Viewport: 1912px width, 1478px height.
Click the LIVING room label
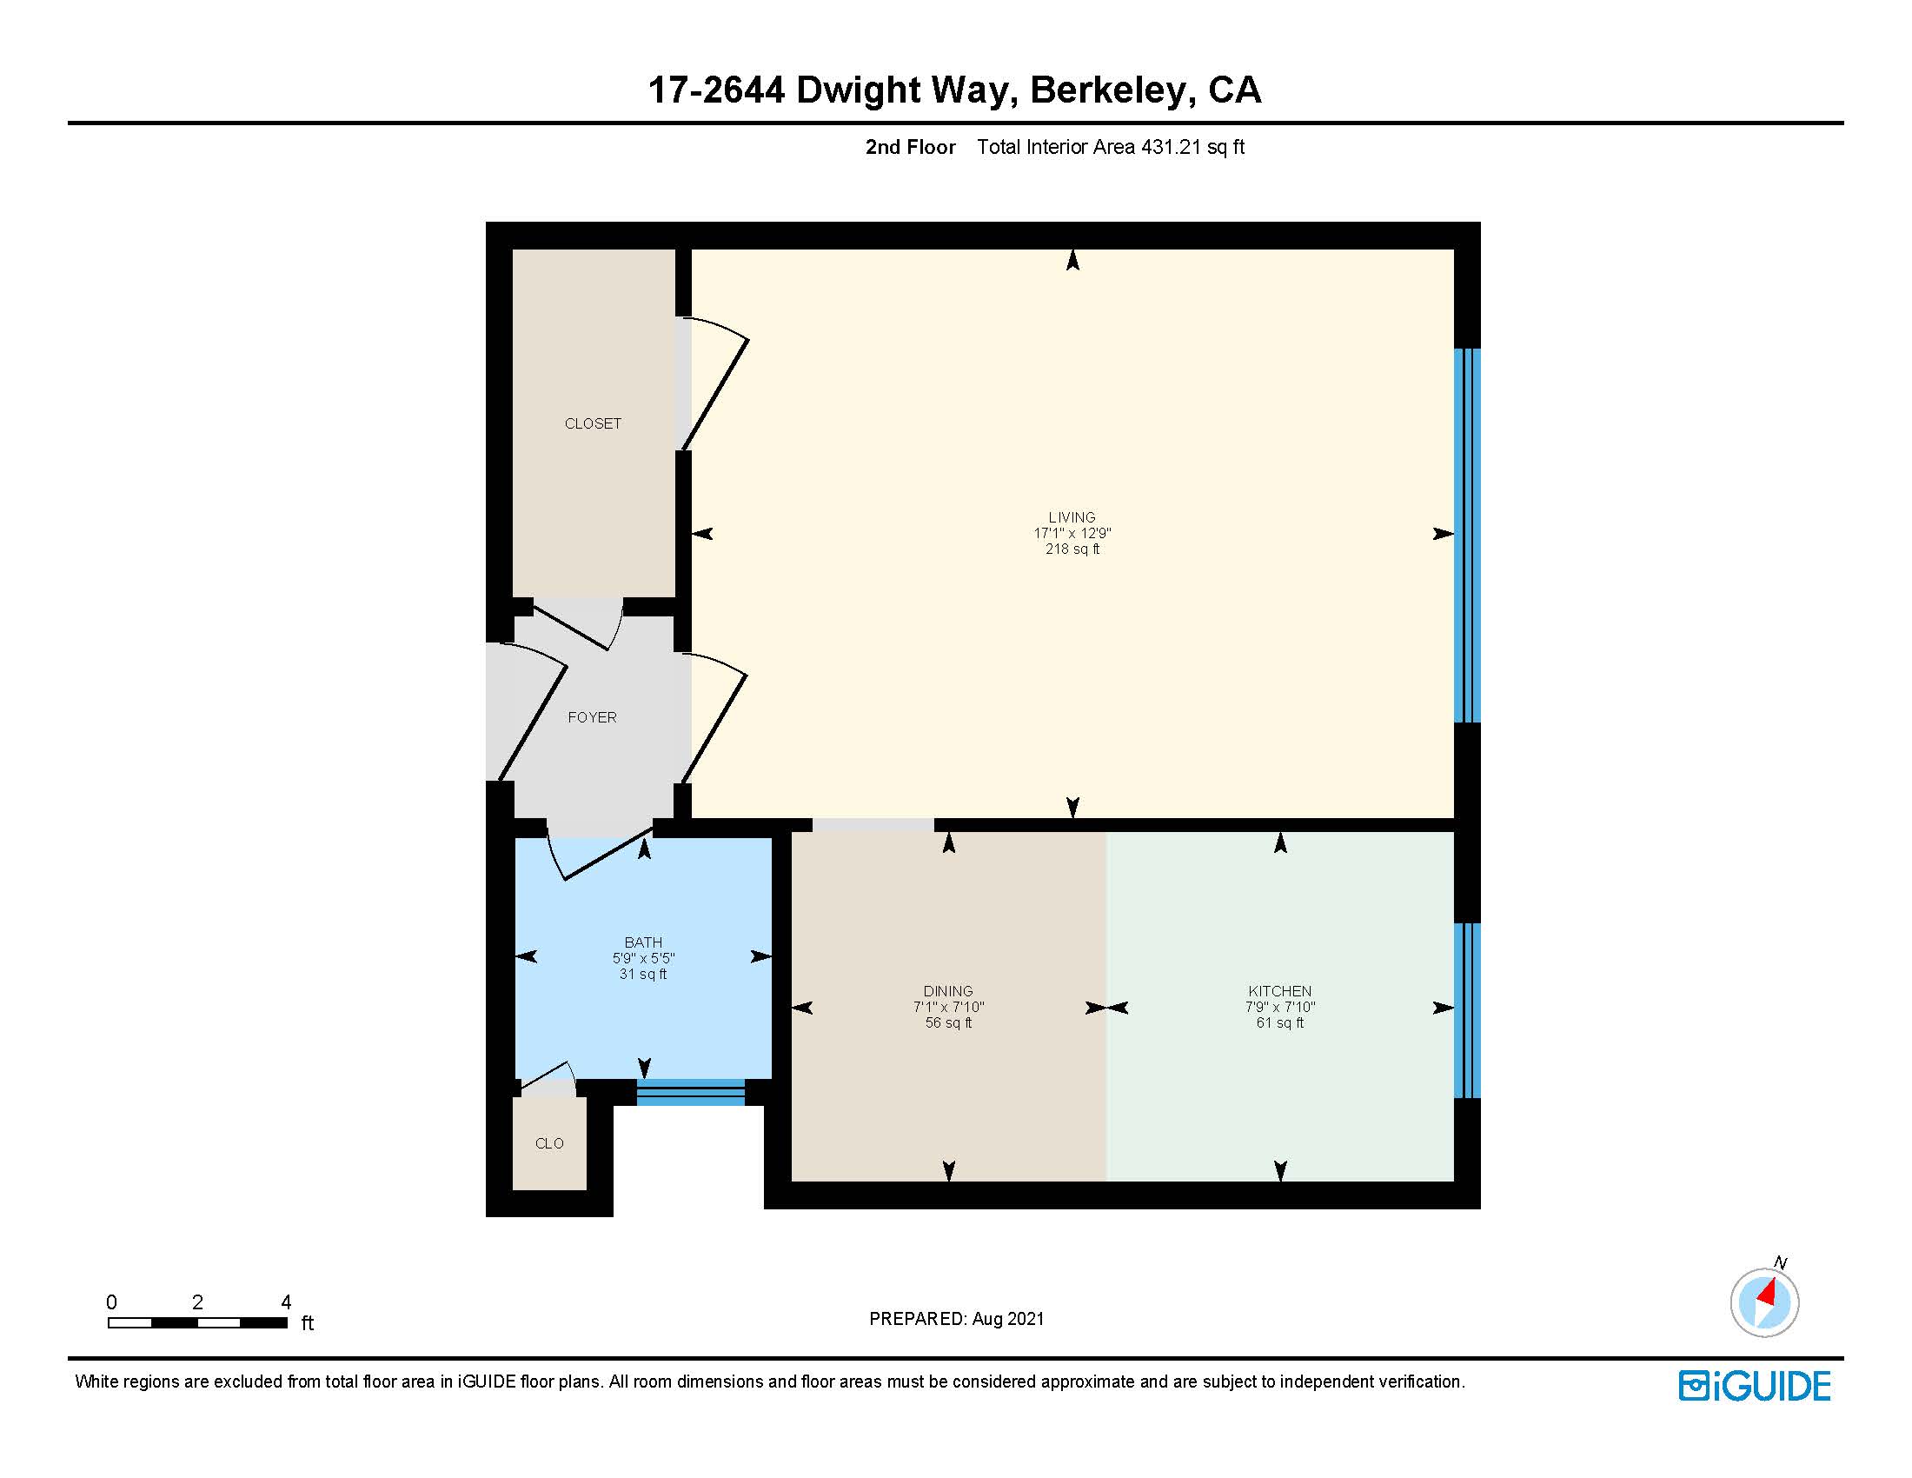click(1072, 517)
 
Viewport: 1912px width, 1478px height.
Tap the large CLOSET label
click(593, 423)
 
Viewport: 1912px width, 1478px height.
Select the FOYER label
click(592, 717)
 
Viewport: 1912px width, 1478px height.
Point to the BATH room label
click(642, 942)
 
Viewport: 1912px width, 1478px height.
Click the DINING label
click(947, 991)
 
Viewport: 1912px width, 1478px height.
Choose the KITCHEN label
click(1279, 991)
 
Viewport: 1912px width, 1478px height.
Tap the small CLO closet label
click(549, 1143)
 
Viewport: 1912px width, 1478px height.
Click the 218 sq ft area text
click(1072, 549)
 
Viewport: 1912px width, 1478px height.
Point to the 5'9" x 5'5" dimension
click(642, 958)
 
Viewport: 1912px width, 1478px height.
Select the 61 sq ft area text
click(1279, 1022)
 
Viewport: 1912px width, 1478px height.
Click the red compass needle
click(1768, 1292)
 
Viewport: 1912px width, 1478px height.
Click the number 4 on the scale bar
click(285, 1302)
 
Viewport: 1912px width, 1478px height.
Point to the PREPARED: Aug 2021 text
click(956, 1319)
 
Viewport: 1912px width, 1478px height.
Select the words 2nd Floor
click(910, 147)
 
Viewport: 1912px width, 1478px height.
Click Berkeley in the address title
click(1106, 90)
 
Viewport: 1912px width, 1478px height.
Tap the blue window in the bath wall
click(690, 1093)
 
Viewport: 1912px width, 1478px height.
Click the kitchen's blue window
click(1466, 1009)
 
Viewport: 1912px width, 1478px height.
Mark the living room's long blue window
click(1466, 535)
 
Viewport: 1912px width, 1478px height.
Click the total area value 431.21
click(1171, 147)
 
